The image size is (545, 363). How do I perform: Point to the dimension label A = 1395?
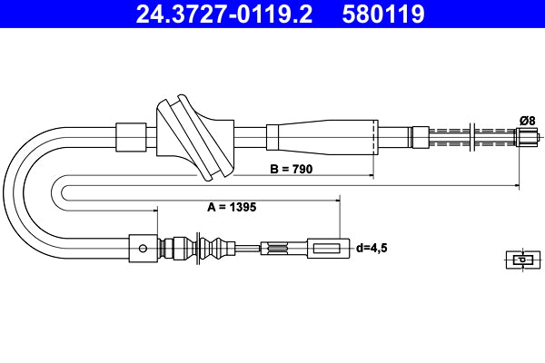click(232, 206)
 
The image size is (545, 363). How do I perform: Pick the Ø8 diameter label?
click(527, 119)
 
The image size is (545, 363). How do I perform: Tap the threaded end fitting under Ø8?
click(526, 138)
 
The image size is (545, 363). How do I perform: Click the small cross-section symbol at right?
click(520, 260)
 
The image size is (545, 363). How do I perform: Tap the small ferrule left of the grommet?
click(131, 137)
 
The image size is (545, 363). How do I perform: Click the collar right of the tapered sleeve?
click(419, 137)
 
